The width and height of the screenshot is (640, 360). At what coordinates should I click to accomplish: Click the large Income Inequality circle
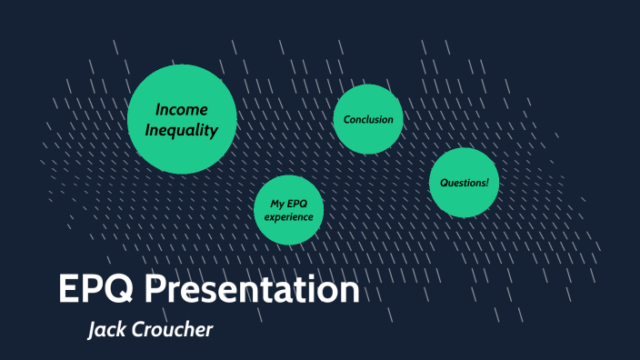[182, 119]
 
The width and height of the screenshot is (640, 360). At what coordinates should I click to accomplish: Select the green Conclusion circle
[368, 119]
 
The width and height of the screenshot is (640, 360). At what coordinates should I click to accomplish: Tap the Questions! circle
[464, 183]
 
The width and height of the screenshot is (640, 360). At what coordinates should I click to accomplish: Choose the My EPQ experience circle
[289, 210]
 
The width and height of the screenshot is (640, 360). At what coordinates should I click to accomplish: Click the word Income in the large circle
[182, 109]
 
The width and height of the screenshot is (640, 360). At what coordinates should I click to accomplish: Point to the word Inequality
[182, 130]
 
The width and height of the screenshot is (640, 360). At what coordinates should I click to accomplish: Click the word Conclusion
[368, 119]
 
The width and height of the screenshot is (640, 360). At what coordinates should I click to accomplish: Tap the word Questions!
[464, 183]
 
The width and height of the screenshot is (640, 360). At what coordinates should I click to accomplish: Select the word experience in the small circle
[289, 217]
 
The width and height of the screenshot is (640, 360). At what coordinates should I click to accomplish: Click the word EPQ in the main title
[97, 290]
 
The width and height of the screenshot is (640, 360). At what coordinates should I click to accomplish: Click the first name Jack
[108, 329]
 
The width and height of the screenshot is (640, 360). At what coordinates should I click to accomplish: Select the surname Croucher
[173, 329]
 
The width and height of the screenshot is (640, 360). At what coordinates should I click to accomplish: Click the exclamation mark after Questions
[486, 183]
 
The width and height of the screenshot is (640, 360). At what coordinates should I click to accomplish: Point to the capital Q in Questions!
[444, 183]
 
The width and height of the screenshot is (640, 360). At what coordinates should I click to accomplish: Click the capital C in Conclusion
[347, 119]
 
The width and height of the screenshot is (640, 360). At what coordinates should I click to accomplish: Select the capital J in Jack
[92, 329]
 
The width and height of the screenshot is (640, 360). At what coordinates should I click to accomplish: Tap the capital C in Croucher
[139, 329]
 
